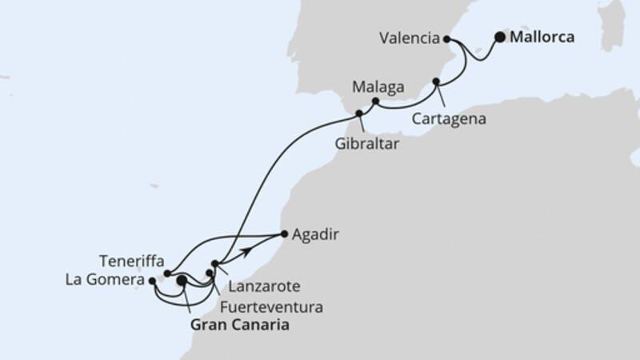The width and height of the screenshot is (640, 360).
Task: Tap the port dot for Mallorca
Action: point(500,37)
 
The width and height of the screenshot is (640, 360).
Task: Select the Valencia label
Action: point(410,38)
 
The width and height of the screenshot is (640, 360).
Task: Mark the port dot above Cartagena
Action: point(437,82)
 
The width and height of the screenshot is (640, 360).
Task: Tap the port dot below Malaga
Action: point(376,101)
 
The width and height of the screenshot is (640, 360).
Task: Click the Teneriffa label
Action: point(133,262)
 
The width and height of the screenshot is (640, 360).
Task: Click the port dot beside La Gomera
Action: point(152,280)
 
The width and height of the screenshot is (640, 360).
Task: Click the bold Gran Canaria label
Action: point(239,326)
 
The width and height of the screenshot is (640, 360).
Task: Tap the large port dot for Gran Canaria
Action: point(182,281)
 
